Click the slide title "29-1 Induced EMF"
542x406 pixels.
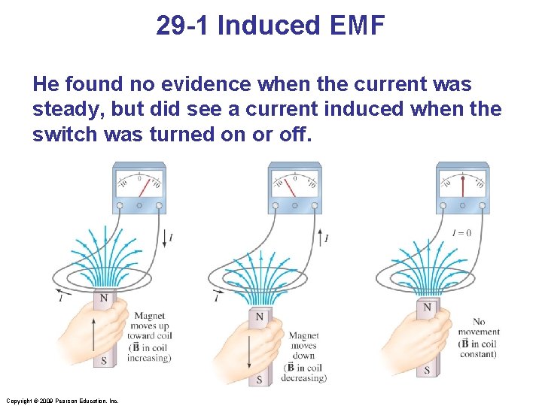[270, 26]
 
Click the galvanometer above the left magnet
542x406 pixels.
[139, 188]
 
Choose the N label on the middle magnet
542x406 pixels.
[259, 317]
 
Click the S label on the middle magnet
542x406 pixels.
[259, 380]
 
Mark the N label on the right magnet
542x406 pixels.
[428, 307]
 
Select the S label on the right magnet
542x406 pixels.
[428, 370]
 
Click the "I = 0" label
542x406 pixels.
[461, 233]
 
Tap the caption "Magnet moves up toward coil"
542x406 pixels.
[149, 326]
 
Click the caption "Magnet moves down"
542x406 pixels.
[303, 346]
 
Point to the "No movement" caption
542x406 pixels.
[478, 326]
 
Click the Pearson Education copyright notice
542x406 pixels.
[62, 401]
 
